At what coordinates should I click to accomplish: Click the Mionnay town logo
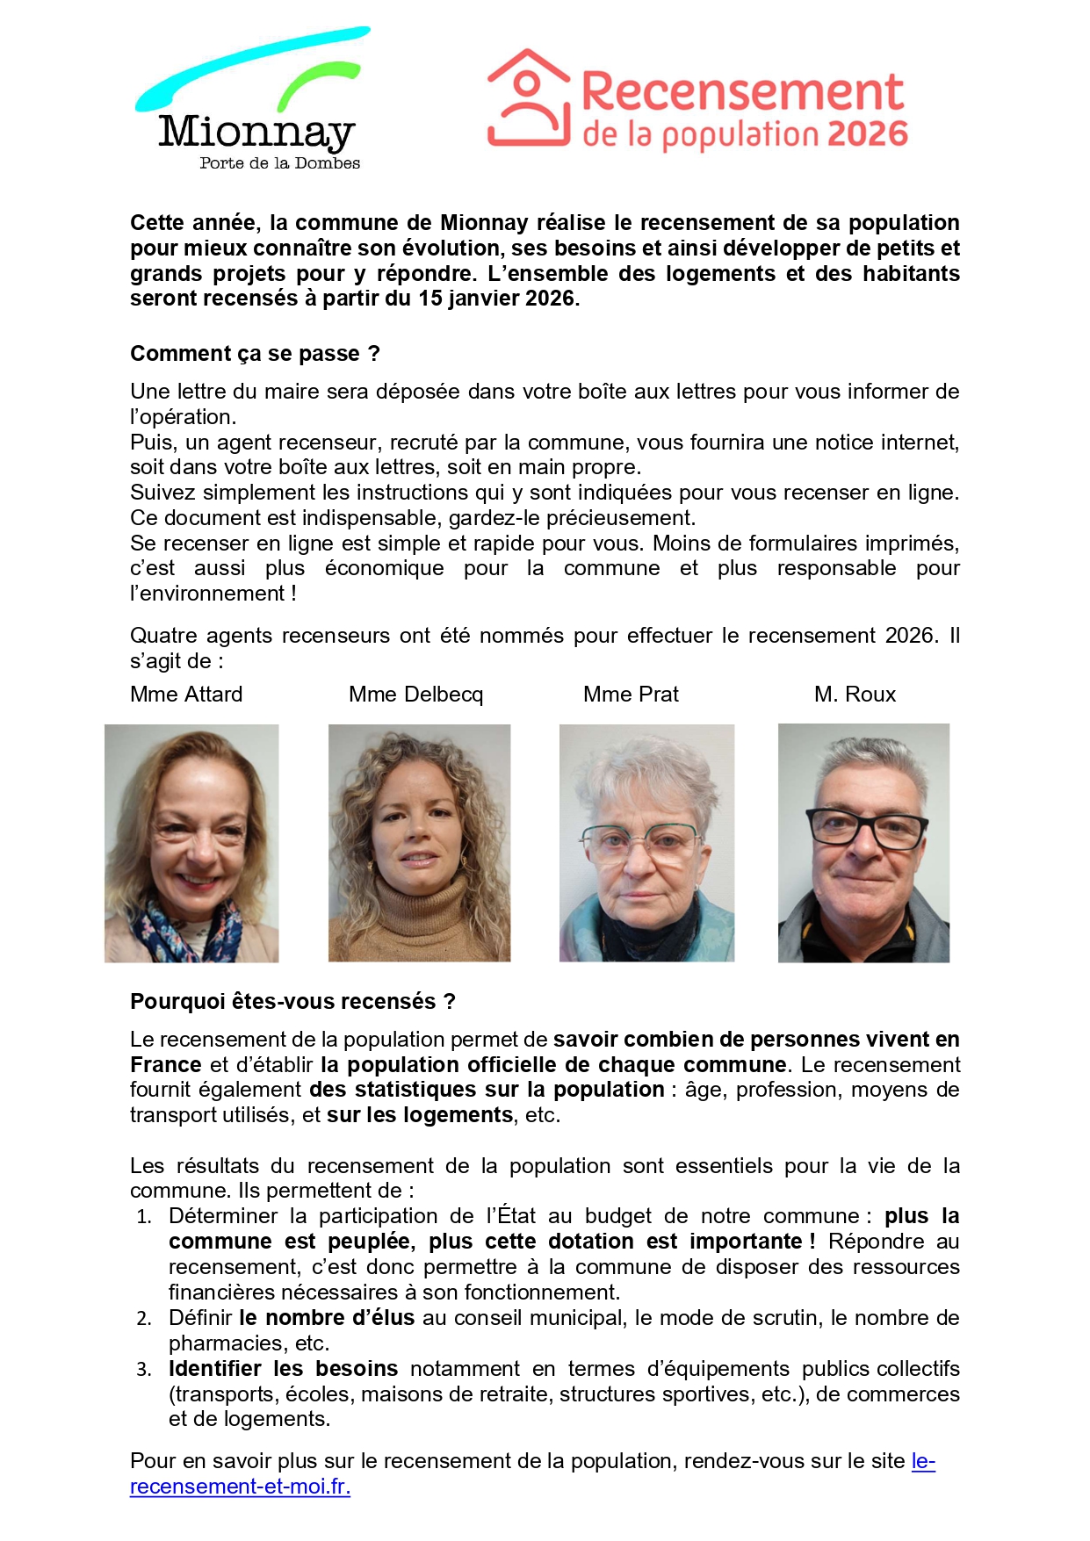(255, 101)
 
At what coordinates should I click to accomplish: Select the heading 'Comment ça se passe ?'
(255, 354)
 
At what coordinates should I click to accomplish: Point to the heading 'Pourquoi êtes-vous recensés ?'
(292, 1002)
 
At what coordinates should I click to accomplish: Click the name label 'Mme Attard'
(186, 695)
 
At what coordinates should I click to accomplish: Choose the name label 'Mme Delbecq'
(415, 695)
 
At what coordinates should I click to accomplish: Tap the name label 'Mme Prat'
(631, 695)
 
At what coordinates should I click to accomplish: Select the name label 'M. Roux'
(855, 695)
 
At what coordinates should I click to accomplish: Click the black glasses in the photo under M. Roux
(866, 828)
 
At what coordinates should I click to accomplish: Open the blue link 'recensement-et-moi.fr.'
(240, 1487)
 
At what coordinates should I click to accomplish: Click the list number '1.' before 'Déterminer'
(144, 1217)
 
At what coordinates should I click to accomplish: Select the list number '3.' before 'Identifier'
(144, 1370)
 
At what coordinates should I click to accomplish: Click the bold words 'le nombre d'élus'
(327, 1318)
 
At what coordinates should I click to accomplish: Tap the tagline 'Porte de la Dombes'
(279, 163)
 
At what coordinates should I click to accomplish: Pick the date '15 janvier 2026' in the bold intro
(496, 299)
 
